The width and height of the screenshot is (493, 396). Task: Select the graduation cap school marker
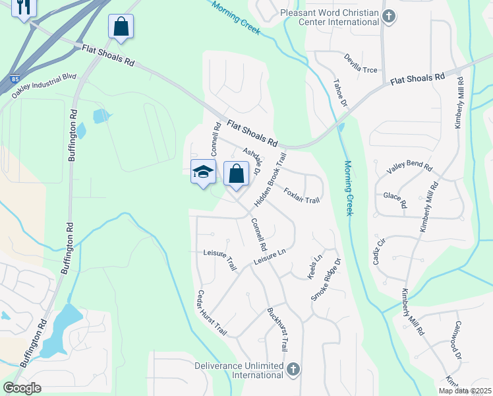click(x=203, y=172)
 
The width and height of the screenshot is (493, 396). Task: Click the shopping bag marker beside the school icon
click(x=236, y=174)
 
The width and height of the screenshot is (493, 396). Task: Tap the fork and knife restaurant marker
click(x=24, y=7)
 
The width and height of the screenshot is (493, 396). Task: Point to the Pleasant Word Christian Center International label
click(x=330, y=17)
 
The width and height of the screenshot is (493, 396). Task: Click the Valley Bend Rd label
click(x=409, y=175)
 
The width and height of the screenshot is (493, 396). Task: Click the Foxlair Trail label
click(x=301, y=196)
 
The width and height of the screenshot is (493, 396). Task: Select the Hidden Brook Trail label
click(x=271, y=178)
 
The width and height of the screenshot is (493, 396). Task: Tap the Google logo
click(x=23, y=387)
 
